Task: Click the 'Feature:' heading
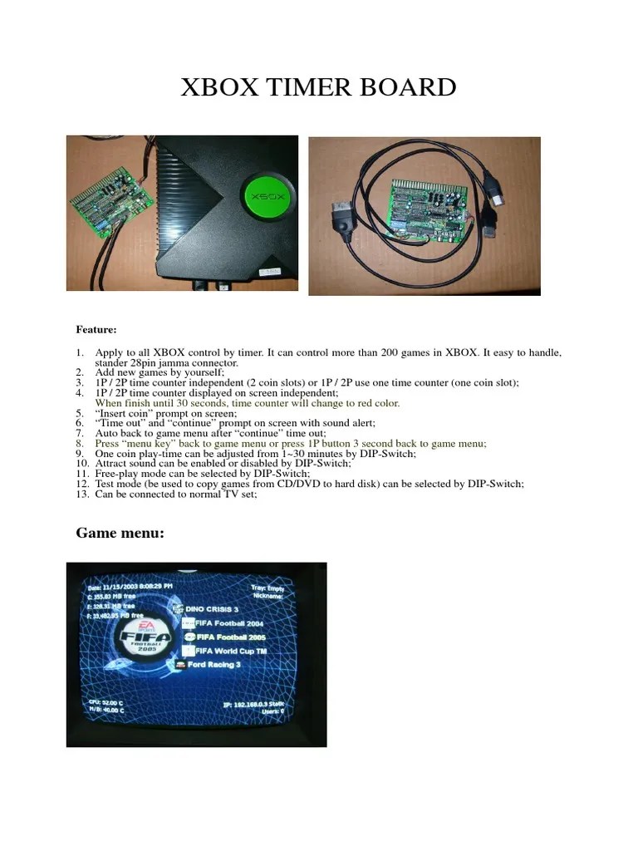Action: click(x=96, y=330)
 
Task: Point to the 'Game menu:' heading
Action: click(x=120, y=533)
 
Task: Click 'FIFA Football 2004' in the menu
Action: click(x=229, y=622)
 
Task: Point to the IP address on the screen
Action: click(x=253, y=703)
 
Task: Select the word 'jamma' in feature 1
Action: click(x=189, y=363)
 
